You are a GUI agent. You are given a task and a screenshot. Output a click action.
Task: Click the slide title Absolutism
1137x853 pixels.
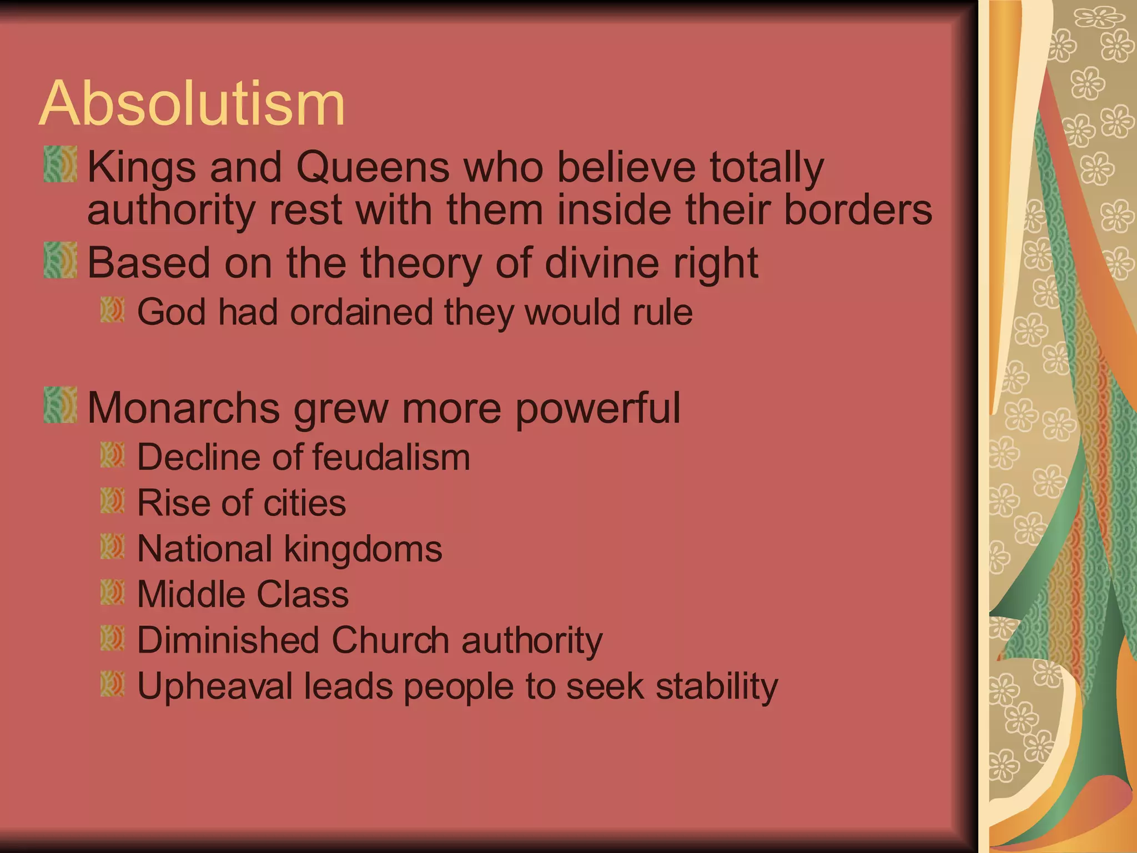click(x=192, y=104)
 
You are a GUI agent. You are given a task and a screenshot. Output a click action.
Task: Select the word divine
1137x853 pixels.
click(x=602, y=263)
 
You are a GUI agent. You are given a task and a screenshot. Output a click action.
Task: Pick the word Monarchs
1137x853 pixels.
click(x=183, y=408)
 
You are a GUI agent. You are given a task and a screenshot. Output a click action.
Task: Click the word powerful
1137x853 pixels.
click(x=597, y=408)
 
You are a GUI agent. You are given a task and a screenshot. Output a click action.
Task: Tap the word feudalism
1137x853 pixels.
click(x=391, y=457)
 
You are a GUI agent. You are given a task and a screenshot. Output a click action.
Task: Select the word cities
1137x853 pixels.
click(x=304, y=503)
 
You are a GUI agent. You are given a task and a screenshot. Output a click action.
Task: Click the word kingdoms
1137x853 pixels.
click(x=363, y=549)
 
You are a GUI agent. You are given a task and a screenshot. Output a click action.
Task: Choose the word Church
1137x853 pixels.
click(x=390, y=640)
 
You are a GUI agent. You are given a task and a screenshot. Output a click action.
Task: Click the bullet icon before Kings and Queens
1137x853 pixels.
click(x=61, y=164)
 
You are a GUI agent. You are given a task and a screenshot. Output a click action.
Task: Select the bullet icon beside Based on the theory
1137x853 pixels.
click(x=61, y=260)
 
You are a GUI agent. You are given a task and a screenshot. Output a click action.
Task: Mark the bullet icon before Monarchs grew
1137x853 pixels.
click(x=61, y=405)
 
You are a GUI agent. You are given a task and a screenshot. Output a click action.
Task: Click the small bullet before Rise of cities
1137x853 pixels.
click(x=113, y=500)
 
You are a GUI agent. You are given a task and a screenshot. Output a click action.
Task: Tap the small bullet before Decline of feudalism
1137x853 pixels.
click(x=113, y=455)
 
